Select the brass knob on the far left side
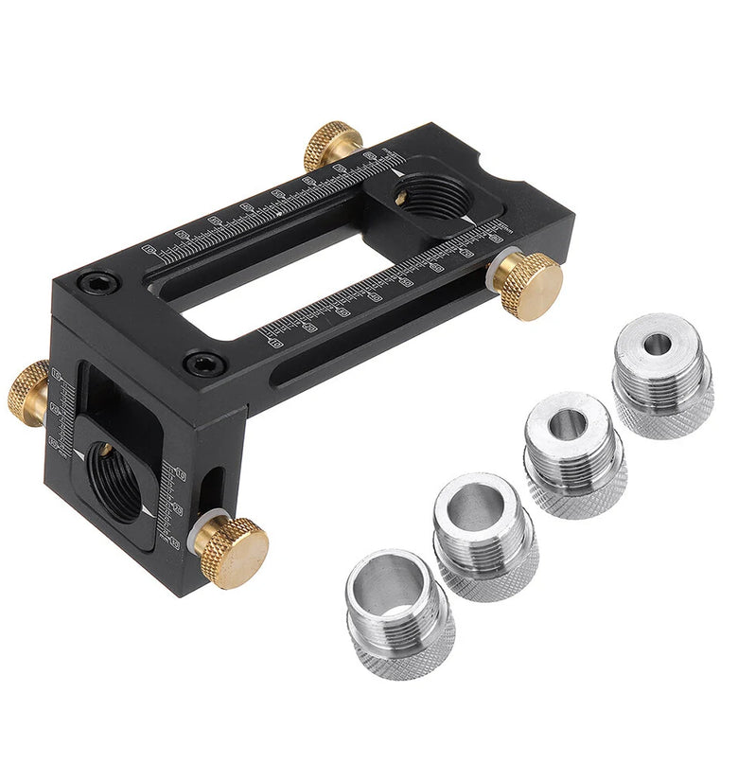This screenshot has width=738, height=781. pos(28,392)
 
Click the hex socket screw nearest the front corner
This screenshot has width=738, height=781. pos(203,363)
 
